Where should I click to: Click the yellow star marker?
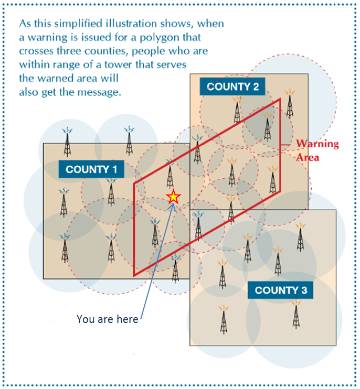(x=173, y=197)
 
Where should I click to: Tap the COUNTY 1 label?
(x=91, y=169)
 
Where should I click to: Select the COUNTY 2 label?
(x=232, y=87)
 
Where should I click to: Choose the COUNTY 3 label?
(x=280, y=290)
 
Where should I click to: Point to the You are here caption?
(x=107, y=319)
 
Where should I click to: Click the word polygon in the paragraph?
(x=170, y=38)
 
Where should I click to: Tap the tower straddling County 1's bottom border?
(x=175, y=268)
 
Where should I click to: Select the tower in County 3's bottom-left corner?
(x=224, y=320)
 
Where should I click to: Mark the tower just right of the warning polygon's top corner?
(x=290, y=104)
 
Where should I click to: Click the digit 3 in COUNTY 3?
(x=304, y=290)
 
